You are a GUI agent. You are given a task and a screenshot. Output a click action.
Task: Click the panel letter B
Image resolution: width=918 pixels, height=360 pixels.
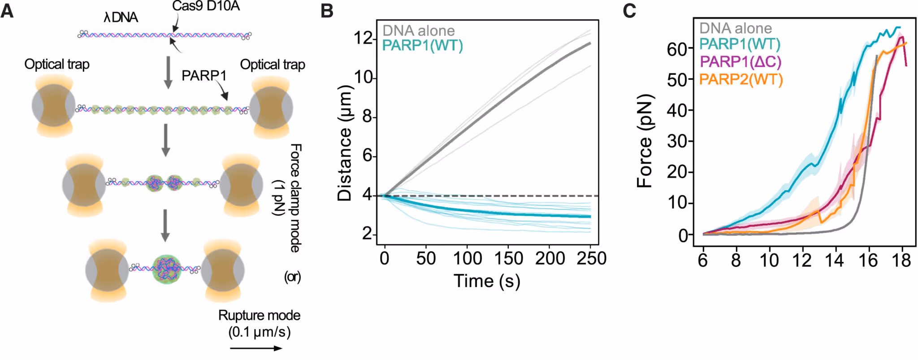[327, 10]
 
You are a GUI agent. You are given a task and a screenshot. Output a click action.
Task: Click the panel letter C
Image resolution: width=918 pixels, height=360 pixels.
[629, 10]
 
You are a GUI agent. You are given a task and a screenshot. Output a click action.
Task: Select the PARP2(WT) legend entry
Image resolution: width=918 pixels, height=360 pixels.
[740, 80]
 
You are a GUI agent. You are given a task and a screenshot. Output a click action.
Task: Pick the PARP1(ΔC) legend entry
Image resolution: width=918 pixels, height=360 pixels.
[740, 61]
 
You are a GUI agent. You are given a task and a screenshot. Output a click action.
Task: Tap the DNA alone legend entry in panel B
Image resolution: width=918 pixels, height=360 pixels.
[418, 30]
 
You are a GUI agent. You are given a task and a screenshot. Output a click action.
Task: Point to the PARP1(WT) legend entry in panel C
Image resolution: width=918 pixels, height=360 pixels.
[740, 44]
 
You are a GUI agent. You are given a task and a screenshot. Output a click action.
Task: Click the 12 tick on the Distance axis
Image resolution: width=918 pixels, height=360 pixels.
[364, 38]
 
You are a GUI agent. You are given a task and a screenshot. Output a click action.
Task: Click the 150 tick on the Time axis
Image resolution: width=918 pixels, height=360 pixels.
[508, 259]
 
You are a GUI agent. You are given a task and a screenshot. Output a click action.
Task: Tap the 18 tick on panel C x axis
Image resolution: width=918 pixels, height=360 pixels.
[901, 260]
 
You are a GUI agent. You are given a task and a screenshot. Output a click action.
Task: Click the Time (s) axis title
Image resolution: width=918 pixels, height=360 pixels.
[487, 281]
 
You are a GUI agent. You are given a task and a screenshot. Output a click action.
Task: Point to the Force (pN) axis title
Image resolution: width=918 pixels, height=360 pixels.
[644, 141]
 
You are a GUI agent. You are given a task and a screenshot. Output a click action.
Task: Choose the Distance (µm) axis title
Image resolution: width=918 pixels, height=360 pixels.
[344, 142]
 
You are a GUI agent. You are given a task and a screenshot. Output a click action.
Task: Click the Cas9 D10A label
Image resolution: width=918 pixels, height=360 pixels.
[206, 6]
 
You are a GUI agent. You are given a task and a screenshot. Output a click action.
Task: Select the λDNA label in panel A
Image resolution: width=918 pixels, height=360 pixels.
[121, 17]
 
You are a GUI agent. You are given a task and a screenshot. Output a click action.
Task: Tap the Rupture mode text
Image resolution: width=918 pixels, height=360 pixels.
[259, 316]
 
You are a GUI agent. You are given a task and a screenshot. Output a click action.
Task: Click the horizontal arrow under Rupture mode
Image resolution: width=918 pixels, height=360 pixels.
[256, 348]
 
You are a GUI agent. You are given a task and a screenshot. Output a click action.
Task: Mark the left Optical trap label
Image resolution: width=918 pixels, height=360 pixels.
[57, 64]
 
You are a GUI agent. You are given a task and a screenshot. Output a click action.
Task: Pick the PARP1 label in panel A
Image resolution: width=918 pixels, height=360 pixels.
[204, 76]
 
